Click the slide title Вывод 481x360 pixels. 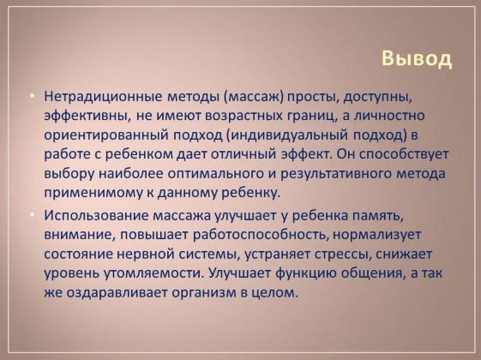coord(417,58)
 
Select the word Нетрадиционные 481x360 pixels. coord(104,97)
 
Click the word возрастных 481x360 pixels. coord(244,117)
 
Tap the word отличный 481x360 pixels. coord(244,154)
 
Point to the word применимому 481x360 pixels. coord(93,194)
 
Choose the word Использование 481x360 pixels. coord(96,215)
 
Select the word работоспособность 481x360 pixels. coord(261,236)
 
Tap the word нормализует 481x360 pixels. coord(377,236)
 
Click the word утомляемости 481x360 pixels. coord(154,274)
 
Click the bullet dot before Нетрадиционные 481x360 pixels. coord(33,96)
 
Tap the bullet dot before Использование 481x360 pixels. coord(33,214)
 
